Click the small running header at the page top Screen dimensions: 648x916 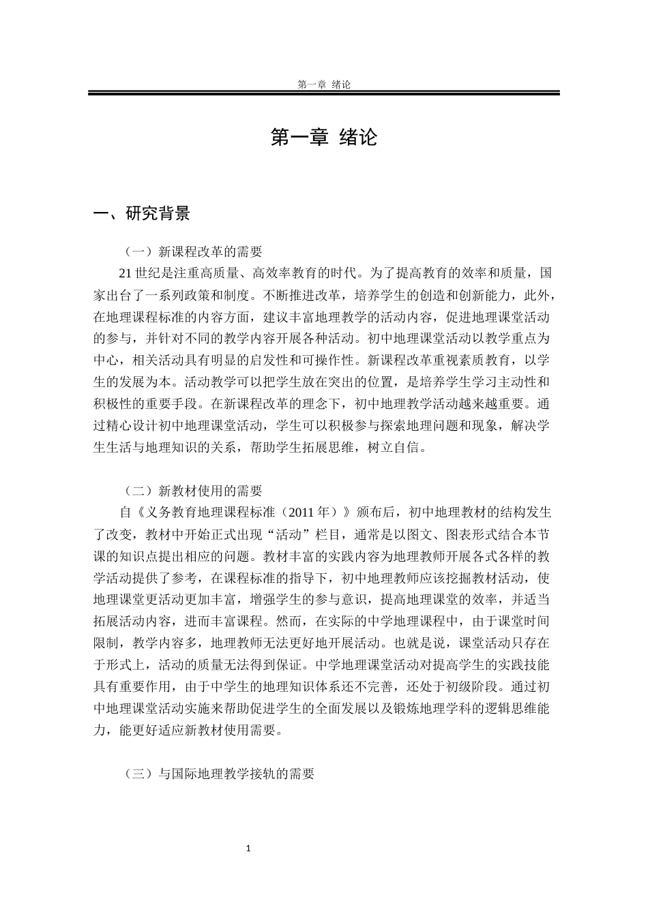click(324, 85)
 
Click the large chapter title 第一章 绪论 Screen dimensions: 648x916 click(324, 137)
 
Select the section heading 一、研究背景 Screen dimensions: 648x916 click(142, 214)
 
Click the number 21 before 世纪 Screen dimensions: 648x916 click(125, 273)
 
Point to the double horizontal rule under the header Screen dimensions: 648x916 click(324, 93)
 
